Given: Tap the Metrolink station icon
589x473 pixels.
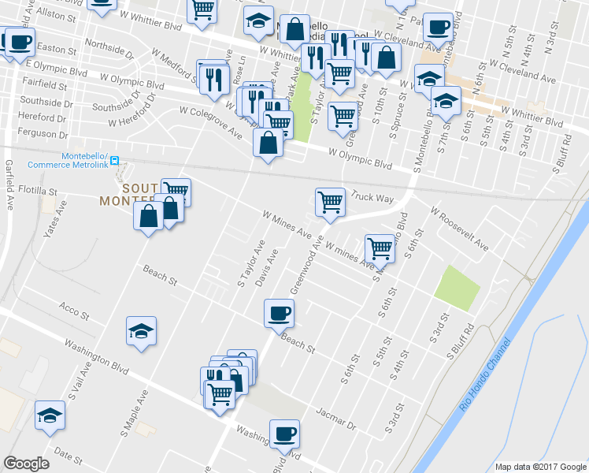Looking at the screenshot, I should pyautogui.click(x=115, y=160).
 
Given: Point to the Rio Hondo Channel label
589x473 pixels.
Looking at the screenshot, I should pyautogui.click(x=485, y=374).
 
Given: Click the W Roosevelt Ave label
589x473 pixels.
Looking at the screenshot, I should pyautogui.click(x=459, y=229).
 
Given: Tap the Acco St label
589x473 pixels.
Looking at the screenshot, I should pyautogui.click(x=74, y=311).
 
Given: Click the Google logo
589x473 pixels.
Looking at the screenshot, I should pyautogui.click(x=26, y=464).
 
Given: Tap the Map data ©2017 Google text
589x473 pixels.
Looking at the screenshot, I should pyautogui.click(x=540, y=467).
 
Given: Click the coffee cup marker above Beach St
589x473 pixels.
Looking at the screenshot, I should pyautogui.click(x=279, y=313).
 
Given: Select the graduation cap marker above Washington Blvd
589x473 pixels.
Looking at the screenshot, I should pyautogui.click(x=141, y=330).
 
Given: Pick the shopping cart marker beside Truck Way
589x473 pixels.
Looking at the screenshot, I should pyautogui.click(x=330, y=201).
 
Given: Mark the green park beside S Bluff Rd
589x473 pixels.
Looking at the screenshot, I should pyautogui.click(x=457, y=288).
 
